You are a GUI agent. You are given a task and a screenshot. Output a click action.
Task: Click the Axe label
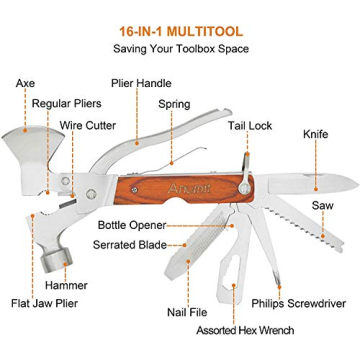(25, 83)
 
